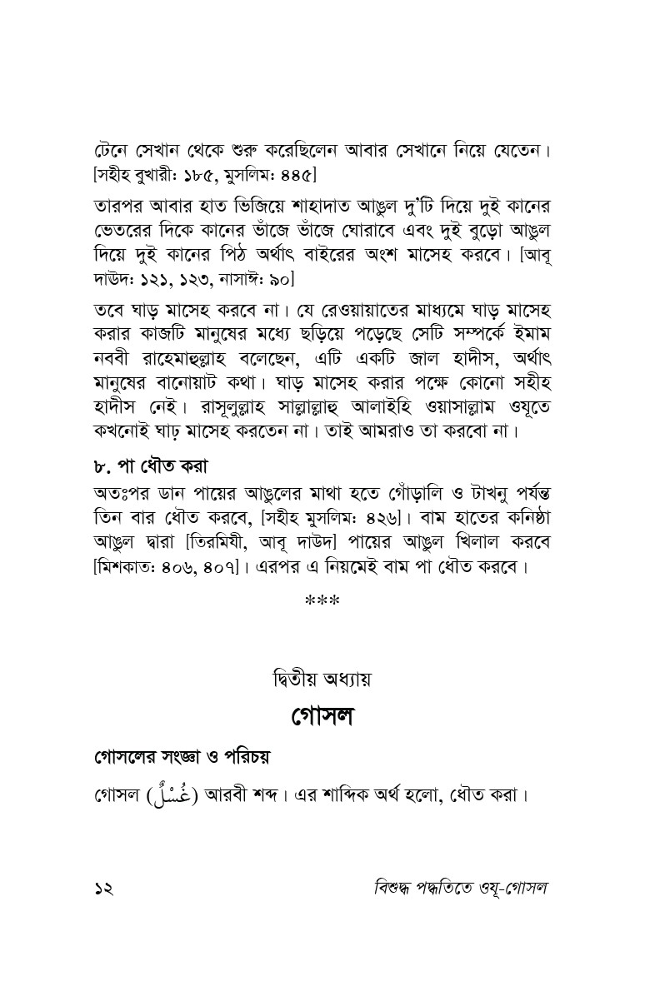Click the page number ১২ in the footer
[x=103, y=888]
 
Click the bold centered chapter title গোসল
[x=322, y=716]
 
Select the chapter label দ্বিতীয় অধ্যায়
[x=322, y=678]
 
